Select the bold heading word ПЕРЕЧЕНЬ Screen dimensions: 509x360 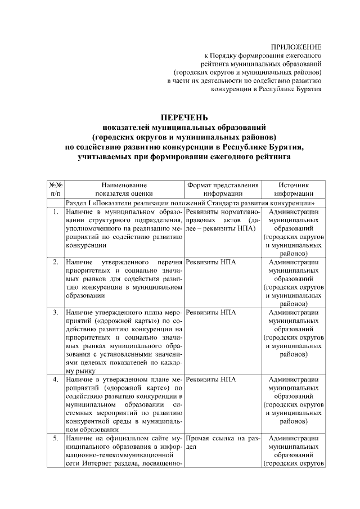pos(184,118)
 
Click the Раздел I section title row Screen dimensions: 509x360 pos(190,202)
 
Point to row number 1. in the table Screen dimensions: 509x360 pos(55,212)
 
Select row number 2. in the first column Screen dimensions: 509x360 pos(55,263)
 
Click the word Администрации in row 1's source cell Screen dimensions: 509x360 pos(293,212)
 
